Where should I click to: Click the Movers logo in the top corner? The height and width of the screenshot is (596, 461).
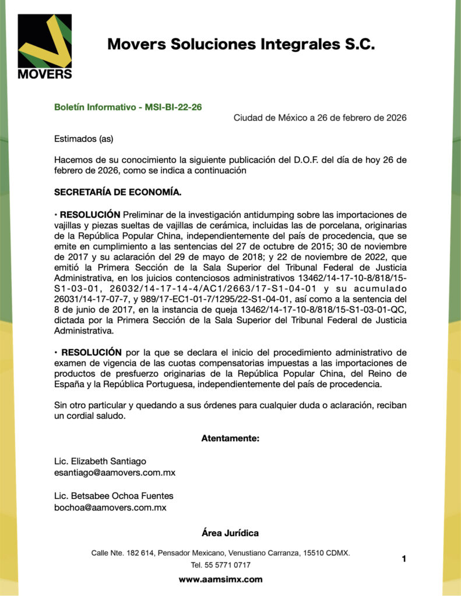click(x=45, y=47)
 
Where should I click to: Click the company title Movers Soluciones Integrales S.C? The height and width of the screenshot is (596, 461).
click(x=241, y=44)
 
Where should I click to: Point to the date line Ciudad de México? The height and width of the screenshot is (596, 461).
click(x=320, y=118)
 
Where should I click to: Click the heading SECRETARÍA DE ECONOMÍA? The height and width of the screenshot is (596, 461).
click(x=118, y=191)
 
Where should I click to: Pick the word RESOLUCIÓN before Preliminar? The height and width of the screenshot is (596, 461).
click(x=90, y=214)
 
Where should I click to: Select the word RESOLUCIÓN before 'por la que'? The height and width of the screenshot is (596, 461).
click(x=90, y=352)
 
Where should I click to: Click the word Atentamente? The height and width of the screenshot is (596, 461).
click(x=230, y=438)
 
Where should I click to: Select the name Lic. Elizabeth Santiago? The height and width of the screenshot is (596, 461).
click(x=100, y=461)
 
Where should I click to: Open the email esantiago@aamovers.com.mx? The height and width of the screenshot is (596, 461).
click(x=115, y=473)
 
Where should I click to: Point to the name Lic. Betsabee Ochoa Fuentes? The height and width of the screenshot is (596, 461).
click(x=114, y=496)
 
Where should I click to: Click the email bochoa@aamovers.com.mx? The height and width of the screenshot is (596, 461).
click(x=110, y=508)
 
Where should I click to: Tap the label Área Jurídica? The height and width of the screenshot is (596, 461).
click(x=230, y=533)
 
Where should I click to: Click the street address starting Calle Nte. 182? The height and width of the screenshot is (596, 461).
click(x=220, y=552)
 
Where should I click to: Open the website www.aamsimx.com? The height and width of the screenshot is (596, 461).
click(x=220, y=579)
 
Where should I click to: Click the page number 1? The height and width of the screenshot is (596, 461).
click(x=403, y=559)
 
